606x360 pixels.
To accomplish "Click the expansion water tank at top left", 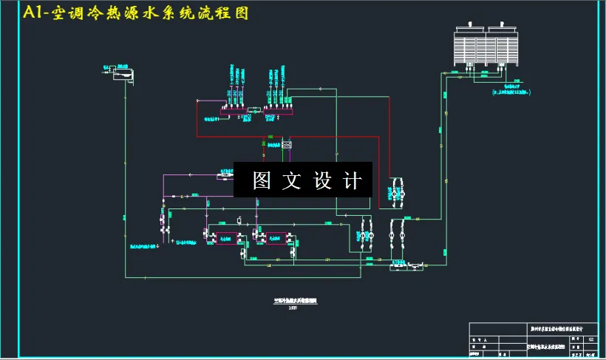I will [x=123, y=73].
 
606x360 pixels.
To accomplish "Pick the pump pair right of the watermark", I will [x=395, y=191].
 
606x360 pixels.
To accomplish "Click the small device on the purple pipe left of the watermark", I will [x=222, y=175].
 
